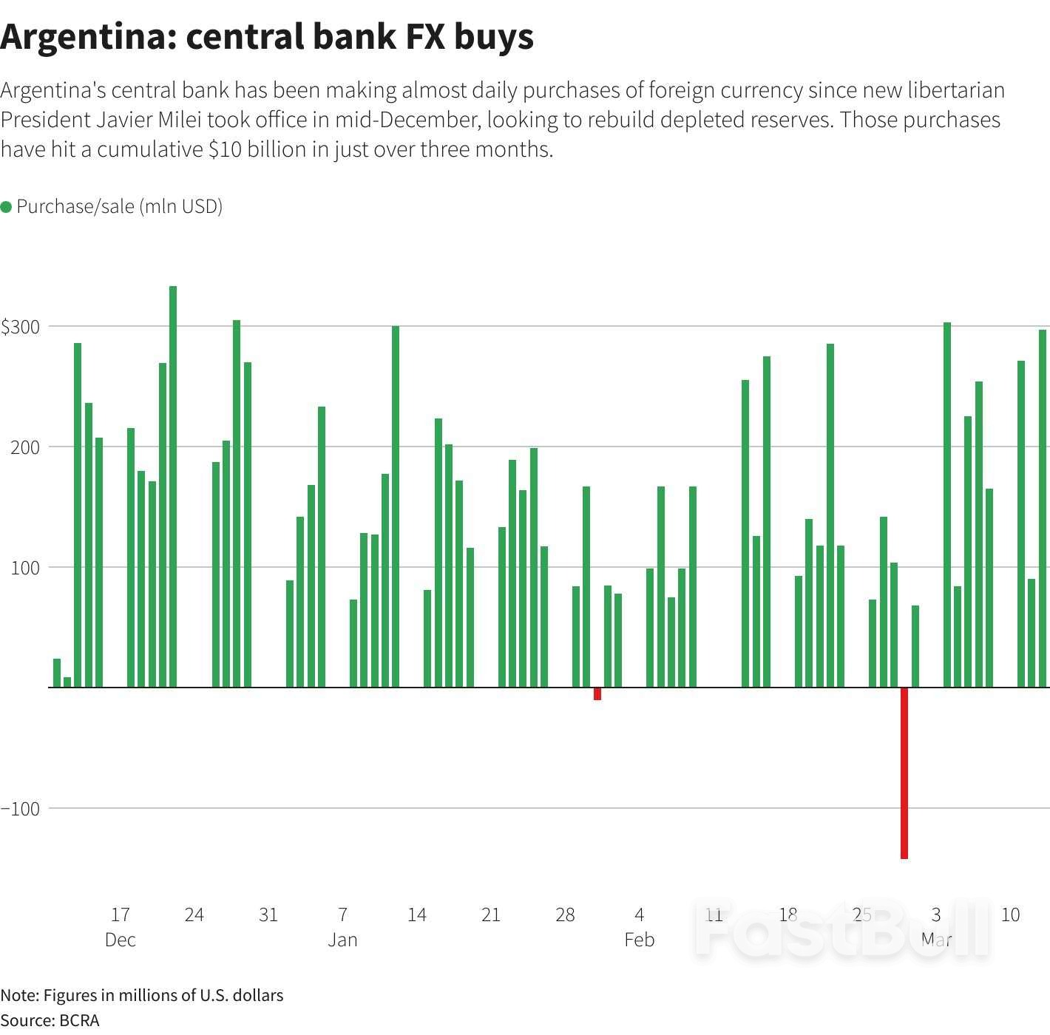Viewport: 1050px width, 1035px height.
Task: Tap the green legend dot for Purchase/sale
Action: pos(7,207)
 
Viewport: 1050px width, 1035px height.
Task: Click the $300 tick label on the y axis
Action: pos(20,327)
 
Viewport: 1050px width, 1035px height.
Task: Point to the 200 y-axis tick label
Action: pos(25,447)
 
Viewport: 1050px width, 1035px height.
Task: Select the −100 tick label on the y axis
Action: pos(21,809)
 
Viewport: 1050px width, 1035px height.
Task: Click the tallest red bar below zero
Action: pos(904,773)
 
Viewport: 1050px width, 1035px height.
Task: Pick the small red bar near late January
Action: pos(597,693)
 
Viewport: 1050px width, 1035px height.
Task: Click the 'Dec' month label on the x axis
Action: pos(121,940)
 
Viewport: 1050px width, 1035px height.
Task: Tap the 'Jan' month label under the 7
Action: pos(342,940)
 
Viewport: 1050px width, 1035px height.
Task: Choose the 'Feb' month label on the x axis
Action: pos(639,940)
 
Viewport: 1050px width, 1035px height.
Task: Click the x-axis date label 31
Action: pos(268,914)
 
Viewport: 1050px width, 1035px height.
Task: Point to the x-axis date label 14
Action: pos(416,914)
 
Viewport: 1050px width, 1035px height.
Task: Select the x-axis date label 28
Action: pos(565,914)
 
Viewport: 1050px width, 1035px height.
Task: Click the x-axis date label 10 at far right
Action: pos(1010,914)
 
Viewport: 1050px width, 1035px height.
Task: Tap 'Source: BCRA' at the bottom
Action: pos(50,1020)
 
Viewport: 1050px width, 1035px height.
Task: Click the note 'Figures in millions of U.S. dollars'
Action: pos(163,995)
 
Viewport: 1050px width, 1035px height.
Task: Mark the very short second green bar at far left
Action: pos(67,682)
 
